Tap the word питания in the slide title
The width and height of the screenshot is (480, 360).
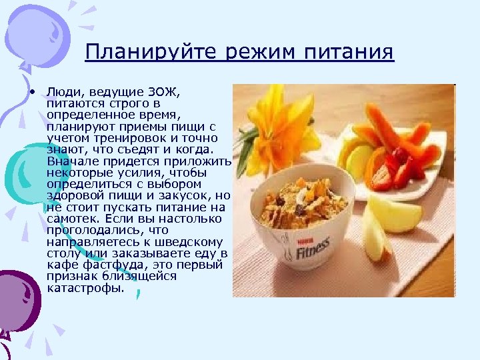[x=347, y=52]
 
